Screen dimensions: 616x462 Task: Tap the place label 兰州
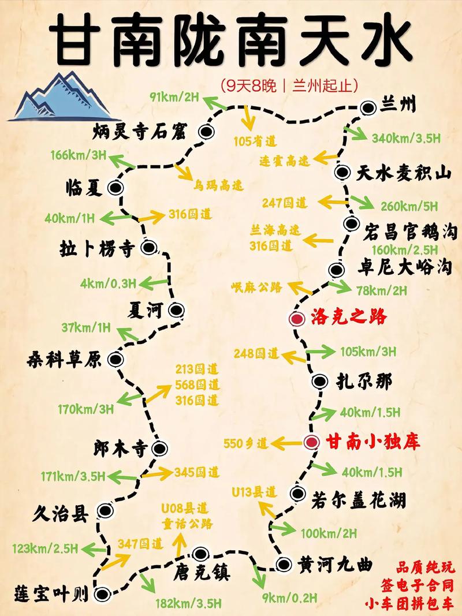coord(398,106)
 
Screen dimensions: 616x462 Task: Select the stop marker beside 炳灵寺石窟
coord(206,132)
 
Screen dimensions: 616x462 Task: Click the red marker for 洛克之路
coord(297,319)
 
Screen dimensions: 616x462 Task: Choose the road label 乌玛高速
coord(218,185)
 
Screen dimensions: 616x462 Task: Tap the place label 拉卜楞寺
coord(96,249)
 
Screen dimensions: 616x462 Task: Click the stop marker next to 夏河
coord(176,311)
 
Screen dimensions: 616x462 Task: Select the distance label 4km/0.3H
coord(109,283)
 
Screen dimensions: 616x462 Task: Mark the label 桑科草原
coord(64,360)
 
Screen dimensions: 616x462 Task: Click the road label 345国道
coord(198,472)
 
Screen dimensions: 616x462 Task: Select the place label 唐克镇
coord(202,573)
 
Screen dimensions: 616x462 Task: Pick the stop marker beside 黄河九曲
coord(283,564)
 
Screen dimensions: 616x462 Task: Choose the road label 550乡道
coord(246,443)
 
